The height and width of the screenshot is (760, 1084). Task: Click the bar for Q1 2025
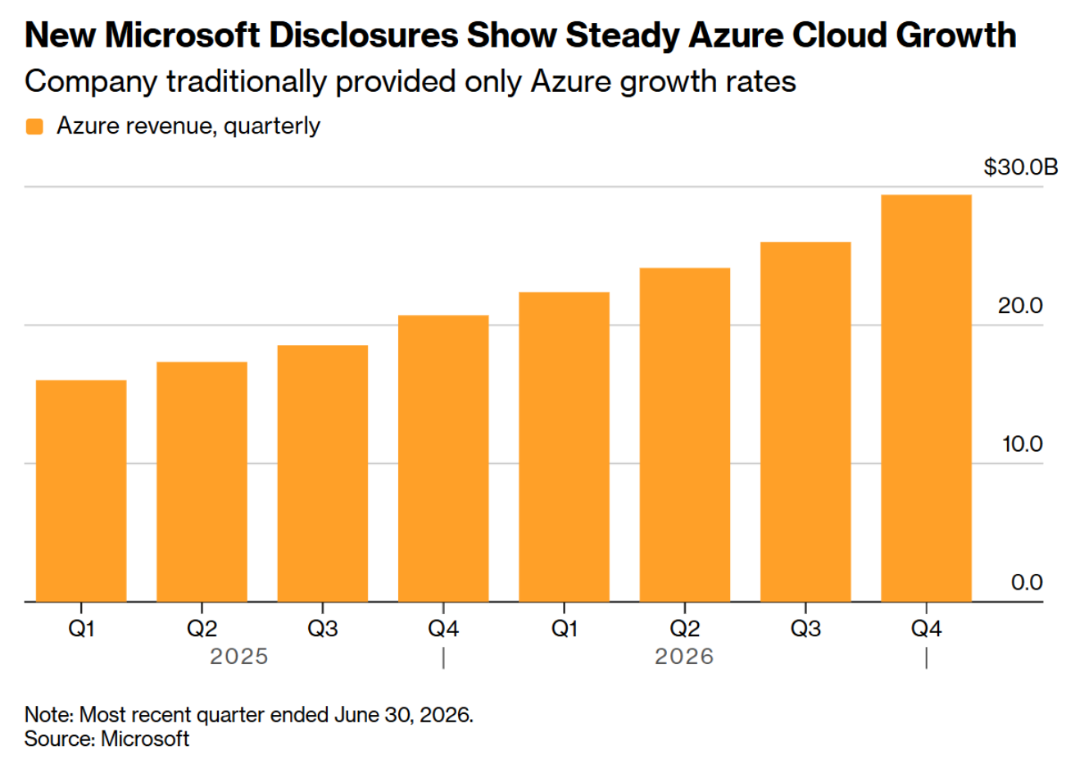pyautogui.click(x=81, y=491)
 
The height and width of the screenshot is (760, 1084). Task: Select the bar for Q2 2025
pyautogui.click(x=202, y=481)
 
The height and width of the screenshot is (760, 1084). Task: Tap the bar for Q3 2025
pyautogui.click(x=323, y=473)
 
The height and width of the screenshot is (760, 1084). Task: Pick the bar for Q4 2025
pyautogui.click(x=443, y=458)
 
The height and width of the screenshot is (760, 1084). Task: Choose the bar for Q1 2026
pyautogui.click(x=565, y=447)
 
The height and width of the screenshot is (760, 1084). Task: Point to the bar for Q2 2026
pyautogui.click(x=685, y=435)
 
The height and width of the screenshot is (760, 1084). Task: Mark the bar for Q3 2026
pyautogui.click(x=805, y=421)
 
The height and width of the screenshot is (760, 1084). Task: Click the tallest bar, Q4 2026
pyautogui.click(x=926, y=398)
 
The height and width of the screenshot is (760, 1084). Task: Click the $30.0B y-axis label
pyautogui.click(x=1021, y=167)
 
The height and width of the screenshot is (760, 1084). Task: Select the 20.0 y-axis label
pyautogui.click(x=1020, y=306)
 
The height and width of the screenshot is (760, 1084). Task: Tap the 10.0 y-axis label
pyautogui.click(x=1022, y=444)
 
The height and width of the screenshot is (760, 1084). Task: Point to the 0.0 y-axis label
pyautogui.click(x=1027, y=582)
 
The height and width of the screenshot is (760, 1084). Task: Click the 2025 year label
pyautogui.click(x=238, y=657)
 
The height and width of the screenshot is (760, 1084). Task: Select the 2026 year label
pyautogui.click(x=684, y=657)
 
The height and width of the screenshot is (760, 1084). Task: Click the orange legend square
pyautogui.click(x=34, y=127)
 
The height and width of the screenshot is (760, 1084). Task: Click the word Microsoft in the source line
pyautogui.click(x=145, y=739)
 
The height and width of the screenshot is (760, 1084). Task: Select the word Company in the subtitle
pyautogui.click(x=91, y=82)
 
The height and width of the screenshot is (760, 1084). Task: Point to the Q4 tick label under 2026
pyautogui.click(x=926, y=629)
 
